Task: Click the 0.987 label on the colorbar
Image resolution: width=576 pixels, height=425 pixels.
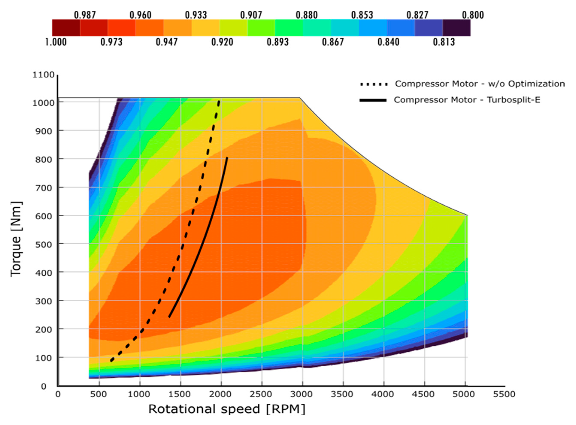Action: click(85, 15)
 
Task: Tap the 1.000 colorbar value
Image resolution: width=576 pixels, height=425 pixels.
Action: click(56, 42)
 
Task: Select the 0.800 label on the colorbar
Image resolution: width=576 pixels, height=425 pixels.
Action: click(473, 15)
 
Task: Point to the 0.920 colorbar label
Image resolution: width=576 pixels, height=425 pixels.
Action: click(222, 42)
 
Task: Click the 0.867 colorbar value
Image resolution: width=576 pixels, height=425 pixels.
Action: click(333, 42)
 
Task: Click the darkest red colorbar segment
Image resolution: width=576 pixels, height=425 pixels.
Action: click(66, 27)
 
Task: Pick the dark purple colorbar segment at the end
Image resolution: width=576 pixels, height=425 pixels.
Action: click(457, 27)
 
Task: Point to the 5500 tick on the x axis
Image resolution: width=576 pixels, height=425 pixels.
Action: click(504, 394)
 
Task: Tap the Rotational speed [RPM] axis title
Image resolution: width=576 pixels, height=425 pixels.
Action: click(227, 409)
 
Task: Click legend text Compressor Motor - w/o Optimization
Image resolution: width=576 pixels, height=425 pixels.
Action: click(480, 84)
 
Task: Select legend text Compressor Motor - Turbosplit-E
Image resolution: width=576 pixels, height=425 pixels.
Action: click(467, 100)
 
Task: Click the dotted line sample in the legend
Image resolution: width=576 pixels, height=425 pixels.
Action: click(374, 84)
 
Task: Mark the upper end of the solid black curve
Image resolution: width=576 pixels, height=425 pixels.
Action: click(227, 158)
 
